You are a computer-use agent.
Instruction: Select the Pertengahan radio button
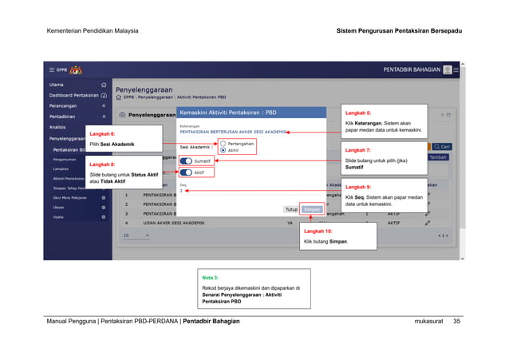coord(223,143)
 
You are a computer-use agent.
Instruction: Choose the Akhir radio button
coord(223,149)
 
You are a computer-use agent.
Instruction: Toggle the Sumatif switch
coord(187,160)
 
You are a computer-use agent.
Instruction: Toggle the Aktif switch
coord(187,172)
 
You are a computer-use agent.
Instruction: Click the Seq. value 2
coord(182,192)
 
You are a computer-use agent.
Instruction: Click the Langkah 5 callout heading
coord(357,113)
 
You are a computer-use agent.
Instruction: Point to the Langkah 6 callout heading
coord(102,133)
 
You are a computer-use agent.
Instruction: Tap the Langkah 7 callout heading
coord(357,150)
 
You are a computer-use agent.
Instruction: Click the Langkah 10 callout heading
coord(318,231)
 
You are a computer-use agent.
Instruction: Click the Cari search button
coord(442,147)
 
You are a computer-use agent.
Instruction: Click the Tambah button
coord(438,157)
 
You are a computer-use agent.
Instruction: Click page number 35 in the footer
coord(456,321)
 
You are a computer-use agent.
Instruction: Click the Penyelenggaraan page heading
coord(144,90)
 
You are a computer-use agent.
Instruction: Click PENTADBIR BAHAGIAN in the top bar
coord(412,69)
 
